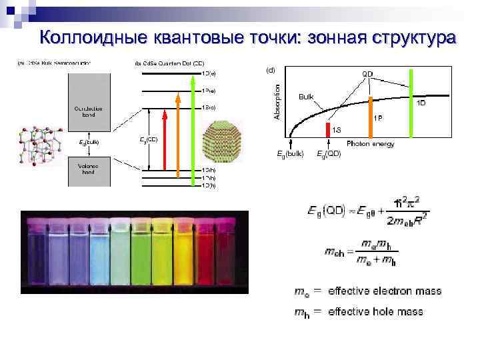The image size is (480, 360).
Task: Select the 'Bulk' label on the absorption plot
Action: point(306,96)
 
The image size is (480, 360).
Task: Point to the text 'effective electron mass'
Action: point(385,291)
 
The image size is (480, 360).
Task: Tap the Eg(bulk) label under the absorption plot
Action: point(290,154)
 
